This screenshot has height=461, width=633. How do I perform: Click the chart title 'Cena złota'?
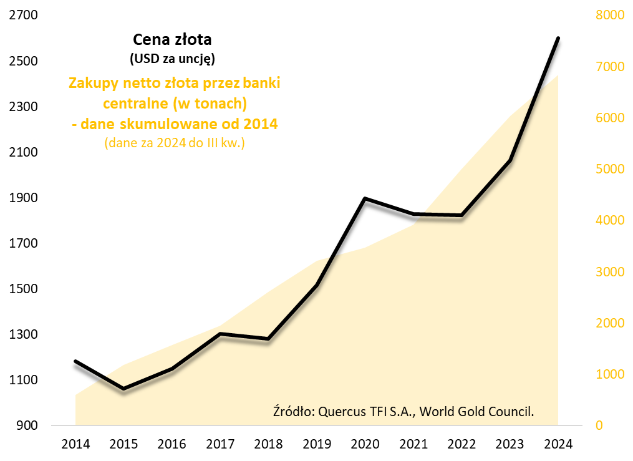tap(173, 40)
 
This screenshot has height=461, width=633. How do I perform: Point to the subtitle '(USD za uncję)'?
tap(173, 60)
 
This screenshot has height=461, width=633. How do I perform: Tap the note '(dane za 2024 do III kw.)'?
tap(174, 143)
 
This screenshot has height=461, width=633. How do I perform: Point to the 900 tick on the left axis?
tap(27, 425)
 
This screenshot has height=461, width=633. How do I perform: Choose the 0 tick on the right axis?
tap(600, 425)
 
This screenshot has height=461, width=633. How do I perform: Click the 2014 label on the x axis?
tap(75, 445)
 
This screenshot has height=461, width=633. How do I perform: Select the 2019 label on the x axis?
tap(317, 445)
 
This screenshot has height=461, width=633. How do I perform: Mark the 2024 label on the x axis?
tap(558, 445)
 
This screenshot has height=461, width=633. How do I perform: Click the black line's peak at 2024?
tap(558, 38)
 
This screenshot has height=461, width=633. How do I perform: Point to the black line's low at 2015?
tap(123, 389)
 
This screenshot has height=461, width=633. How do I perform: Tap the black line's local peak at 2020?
tap(365, 198)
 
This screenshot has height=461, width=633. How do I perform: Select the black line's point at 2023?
tap(510, 161)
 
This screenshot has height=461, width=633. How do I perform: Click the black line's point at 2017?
tap(220, 334)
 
